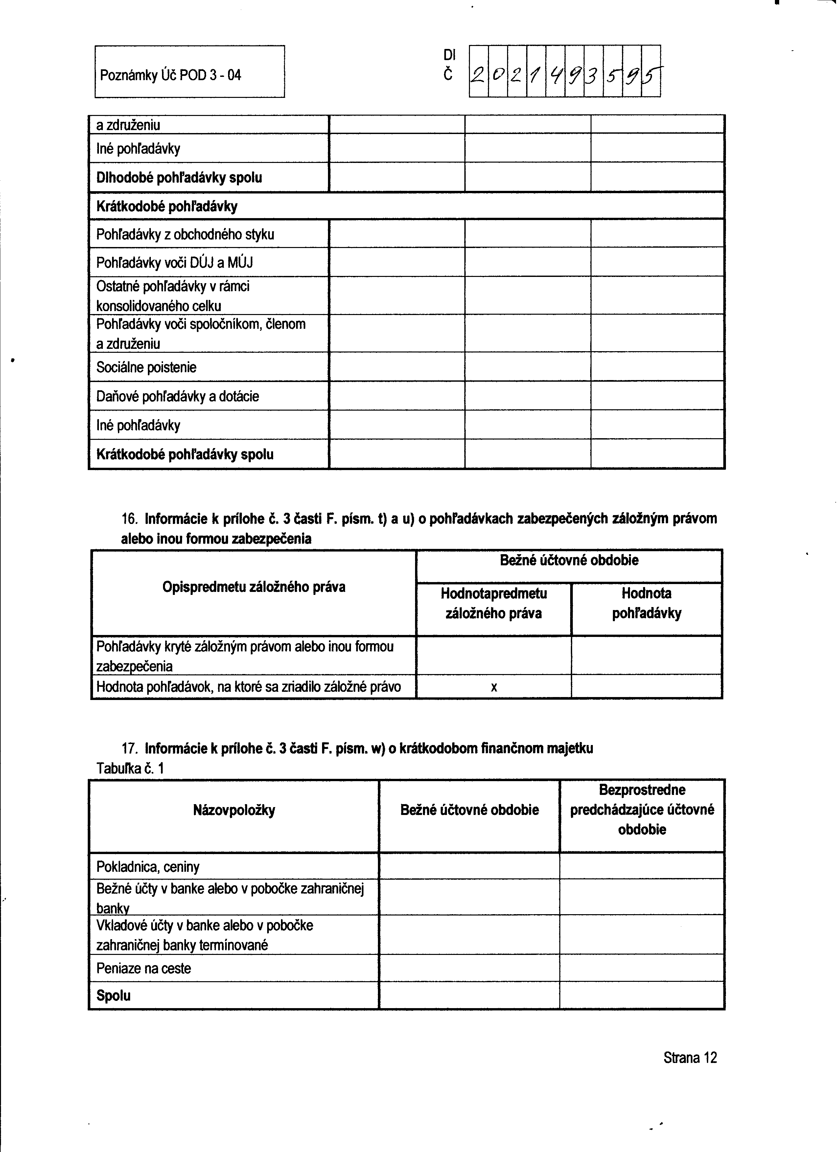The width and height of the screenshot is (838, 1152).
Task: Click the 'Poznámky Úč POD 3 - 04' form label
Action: point(170,76)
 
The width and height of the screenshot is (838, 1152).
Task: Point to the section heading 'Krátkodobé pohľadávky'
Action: point(167,206)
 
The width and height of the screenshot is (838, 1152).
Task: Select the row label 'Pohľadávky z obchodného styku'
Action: point(185,235)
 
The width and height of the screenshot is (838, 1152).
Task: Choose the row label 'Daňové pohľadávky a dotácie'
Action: point(177,396)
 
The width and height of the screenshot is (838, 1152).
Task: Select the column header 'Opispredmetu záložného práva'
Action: point(254,587)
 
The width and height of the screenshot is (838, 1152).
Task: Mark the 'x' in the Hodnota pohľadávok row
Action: point(494,688)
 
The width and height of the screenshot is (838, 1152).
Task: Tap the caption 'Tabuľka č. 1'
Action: point(130,769)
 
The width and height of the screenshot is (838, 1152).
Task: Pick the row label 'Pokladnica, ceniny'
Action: point(148,867)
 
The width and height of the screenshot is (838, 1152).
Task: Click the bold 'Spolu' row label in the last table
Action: point(113,996)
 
